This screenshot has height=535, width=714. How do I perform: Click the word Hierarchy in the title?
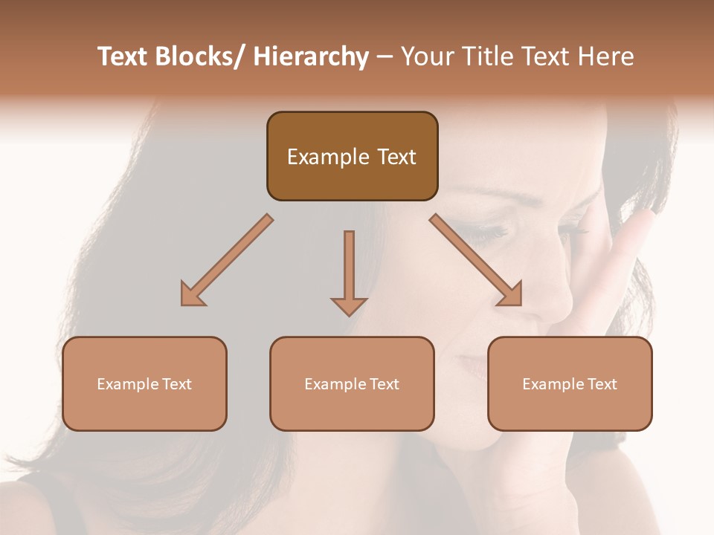tap(311, 57)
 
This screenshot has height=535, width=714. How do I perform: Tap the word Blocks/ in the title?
tap(200, 57)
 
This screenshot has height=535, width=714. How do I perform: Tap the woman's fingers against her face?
tap(632, 238)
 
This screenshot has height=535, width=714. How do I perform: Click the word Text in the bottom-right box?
tap(602, 384)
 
